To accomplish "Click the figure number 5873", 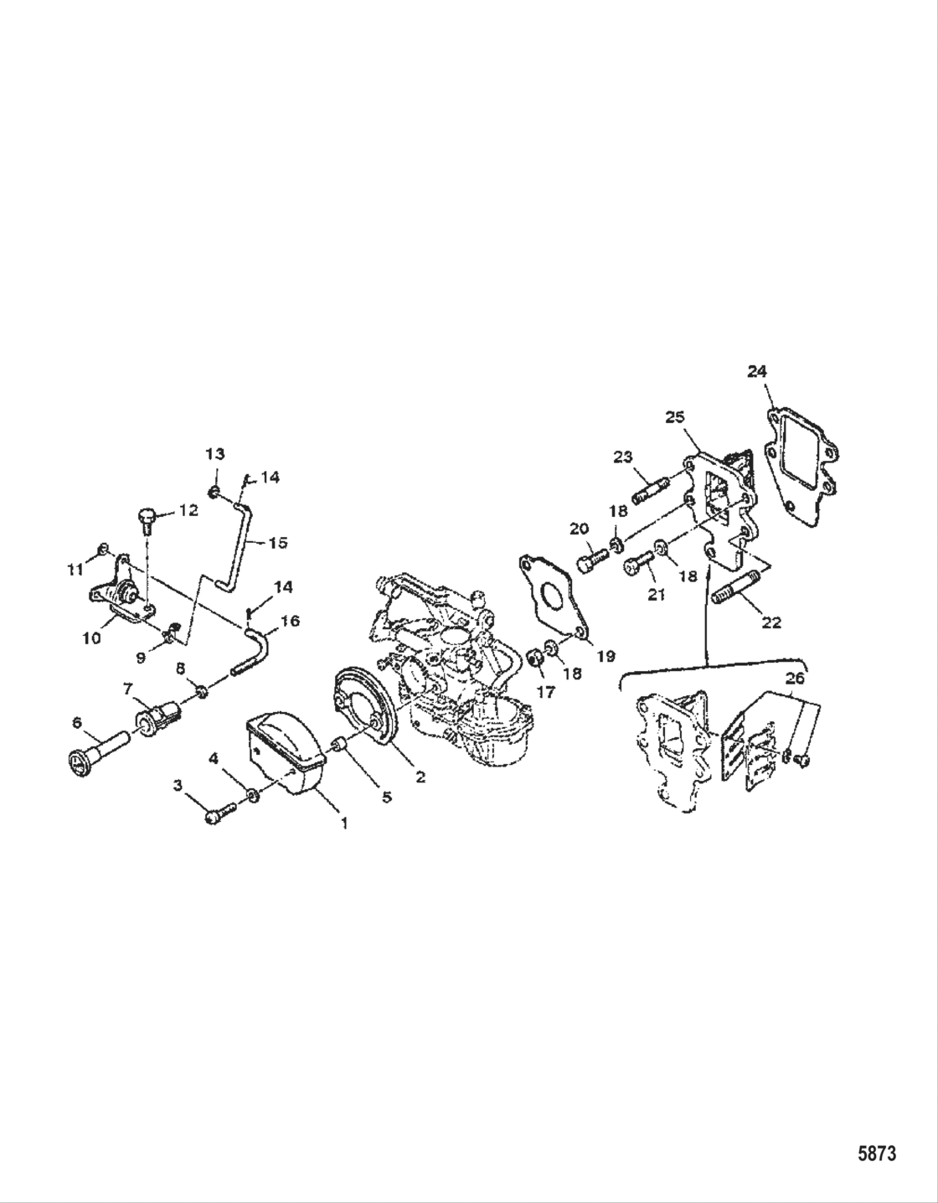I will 876,1154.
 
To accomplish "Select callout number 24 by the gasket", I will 757,371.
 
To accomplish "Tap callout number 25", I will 675,416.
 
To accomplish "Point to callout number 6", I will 77,721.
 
